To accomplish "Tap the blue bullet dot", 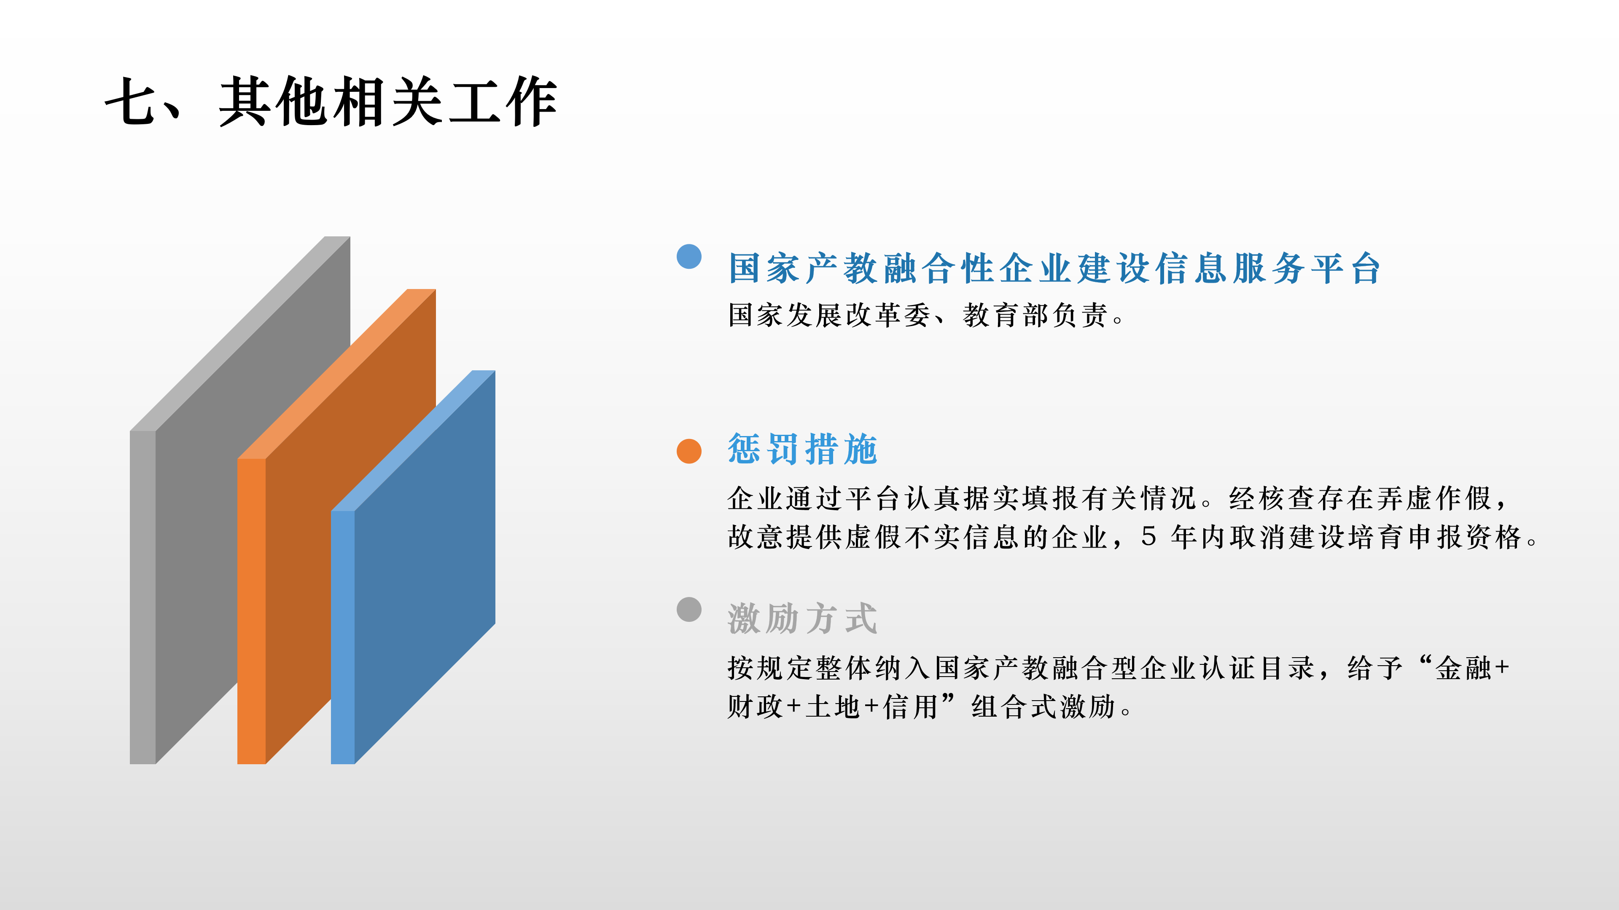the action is pyautogui.click(x=689, y=256).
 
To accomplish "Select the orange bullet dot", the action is pyautogui.click(x=689, y=451).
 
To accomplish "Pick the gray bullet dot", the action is pyautogui.click(x=689, y=609).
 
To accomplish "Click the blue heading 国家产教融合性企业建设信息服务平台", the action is pyautogui.click(x=1054, y=268).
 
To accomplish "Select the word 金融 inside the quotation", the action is pyautogui.click(x=1463, y=668).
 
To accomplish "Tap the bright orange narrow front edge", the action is pyautogui.click(x=251, y=611).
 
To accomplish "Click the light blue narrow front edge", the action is pyautogui.click(x=342, y=637).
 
